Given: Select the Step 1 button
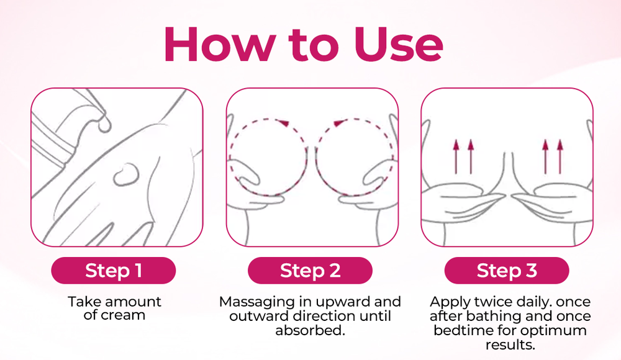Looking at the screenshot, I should pos(114,271).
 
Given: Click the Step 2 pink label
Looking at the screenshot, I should pos(310,271).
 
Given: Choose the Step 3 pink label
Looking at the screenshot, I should pos(507,271).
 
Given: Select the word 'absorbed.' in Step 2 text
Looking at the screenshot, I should pos(310,330).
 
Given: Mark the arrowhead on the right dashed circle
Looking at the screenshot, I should pos(337,123).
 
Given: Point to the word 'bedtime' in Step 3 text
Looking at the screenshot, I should pos(461,330).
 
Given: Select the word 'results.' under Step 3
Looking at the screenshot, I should pos(509,343).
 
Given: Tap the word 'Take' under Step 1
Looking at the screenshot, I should pos(84,302).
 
